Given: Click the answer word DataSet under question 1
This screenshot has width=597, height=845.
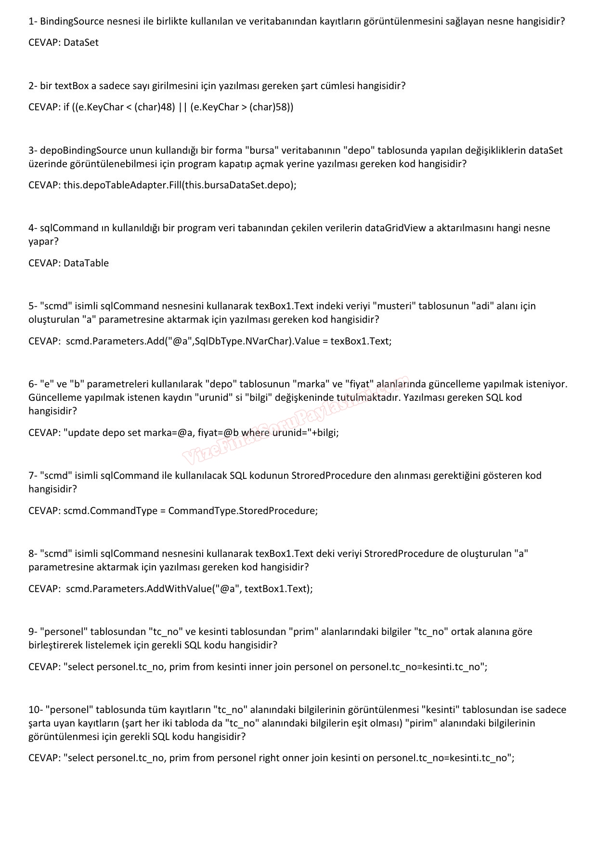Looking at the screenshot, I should [x=81, y=42].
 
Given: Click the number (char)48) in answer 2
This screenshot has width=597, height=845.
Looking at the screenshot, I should [x=155, y=107].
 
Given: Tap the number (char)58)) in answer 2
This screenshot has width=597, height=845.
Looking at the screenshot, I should [x=271, y=107].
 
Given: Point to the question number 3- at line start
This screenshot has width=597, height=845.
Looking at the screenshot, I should [x=33, y=150].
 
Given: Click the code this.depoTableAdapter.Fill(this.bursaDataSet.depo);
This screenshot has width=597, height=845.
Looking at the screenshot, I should [x=180, y=185].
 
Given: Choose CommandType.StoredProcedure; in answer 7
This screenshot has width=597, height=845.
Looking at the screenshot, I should [x=243, y=511].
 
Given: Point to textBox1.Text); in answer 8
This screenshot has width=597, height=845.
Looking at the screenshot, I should [x=279, y=589].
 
